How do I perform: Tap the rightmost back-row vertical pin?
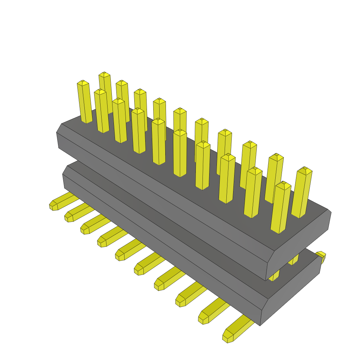(302, 193)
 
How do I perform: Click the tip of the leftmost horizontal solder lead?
(53, 205)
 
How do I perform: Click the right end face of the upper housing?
(302, 243)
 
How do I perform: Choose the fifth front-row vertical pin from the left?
(159, 142)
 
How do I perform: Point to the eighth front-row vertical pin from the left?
(227, 179)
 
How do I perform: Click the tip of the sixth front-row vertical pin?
(180, 132)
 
